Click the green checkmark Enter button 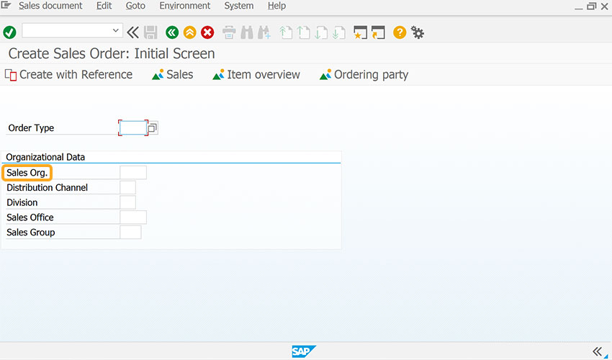[9, 32]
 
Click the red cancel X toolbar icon [207, 32]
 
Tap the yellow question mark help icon [400, 32]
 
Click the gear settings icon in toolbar [417, 33]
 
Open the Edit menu [104, 6]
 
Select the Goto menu [135, 6]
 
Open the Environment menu [184, 6]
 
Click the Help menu [276, 6]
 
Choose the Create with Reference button [68, 75]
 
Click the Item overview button [256, 75]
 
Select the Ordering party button [364, 75]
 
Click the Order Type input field [133, 127]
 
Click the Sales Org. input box [133, 173]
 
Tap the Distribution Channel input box [127, 187]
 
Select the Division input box [127, 202]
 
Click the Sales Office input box [133, 217]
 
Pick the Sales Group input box [130, 233]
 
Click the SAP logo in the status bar [304, 351]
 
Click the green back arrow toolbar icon [172, 32]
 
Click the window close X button [604, 6]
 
